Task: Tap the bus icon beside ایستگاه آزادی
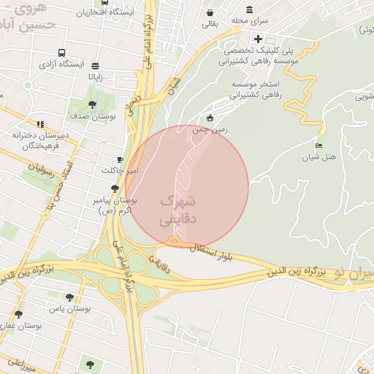tap(61, 53)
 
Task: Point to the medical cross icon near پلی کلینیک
tap(258, 39)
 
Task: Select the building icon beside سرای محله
tap(250, 10)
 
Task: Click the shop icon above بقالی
tap(210, 13)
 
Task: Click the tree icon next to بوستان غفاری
tap(18, 313)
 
